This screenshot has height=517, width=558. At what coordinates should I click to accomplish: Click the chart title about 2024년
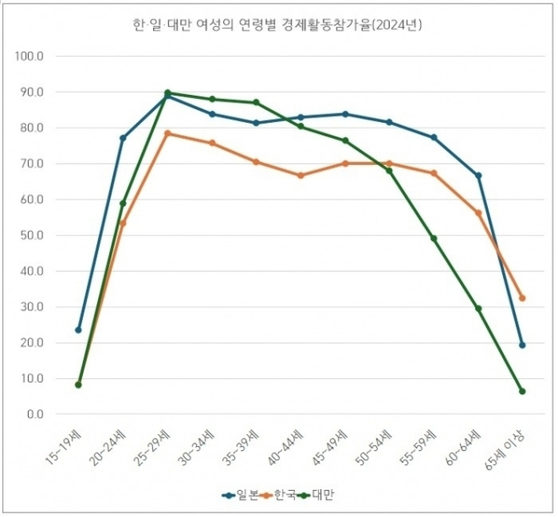(x=278, y=25)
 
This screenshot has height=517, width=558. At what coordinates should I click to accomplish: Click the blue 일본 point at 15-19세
(x=78, y=330)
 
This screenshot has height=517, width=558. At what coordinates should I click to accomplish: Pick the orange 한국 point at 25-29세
(x=167, y=133)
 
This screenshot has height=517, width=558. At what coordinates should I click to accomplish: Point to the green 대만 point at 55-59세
(x=434, y=239)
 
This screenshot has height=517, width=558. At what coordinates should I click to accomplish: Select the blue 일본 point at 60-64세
(x=478, y=176)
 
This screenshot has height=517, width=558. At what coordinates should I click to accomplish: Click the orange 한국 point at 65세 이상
(x=522, y=298)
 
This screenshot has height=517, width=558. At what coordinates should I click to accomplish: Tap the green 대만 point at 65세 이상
(x=522, y=391)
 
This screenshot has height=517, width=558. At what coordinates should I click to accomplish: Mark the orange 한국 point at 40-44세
(x=301, y=176)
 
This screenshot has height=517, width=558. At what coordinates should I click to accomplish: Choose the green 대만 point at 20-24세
(x=123, y=203)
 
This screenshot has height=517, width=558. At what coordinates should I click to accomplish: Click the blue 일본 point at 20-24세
(x=123, y=138)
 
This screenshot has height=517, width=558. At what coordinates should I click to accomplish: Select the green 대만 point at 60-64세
(x=478, y=308)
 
